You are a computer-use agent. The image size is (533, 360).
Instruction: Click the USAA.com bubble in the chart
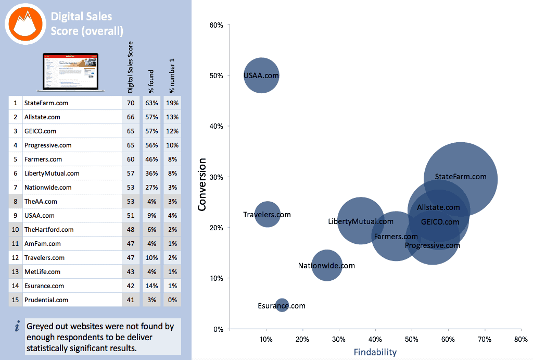(x=261, y=76)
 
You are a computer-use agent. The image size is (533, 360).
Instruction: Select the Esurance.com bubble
(x=282, y=306)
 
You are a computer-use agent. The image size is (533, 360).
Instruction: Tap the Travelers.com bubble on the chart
(x=268, y=214)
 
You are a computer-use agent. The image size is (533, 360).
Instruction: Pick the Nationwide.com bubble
(x=326, y=266)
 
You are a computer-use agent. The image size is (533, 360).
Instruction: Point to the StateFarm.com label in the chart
(x=461, y=177)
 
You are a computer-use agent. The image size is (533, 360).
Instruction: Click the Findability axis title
(x=375, y=352)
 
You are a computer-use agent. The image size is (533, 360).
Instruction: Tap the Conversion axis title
(x=202, y=185)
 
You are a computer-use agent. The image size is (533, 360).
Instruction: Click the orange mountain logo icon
(x=23, y=24)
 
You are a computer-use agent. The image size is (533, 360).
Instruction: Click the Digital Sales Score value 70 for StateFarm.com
(x=131, y=103)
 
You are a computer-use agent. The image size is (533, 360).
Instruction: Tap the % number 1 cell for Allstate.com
(x=172, y=117)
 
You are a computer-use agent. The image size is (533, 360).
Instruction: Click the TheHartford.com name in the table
(x=49, y=230)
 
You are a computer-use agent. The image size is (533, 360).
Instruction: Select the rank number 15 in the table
(x=16, y=300)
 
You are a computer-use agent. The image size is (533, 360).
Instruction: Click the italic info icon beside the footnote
(x=17, y=327)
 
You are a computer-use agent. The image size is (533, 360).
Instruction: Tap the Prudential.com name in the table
(x=46, y=300)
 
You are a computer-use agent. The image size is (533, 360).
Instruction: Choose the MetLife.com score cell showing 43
(x=131, y=272)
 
